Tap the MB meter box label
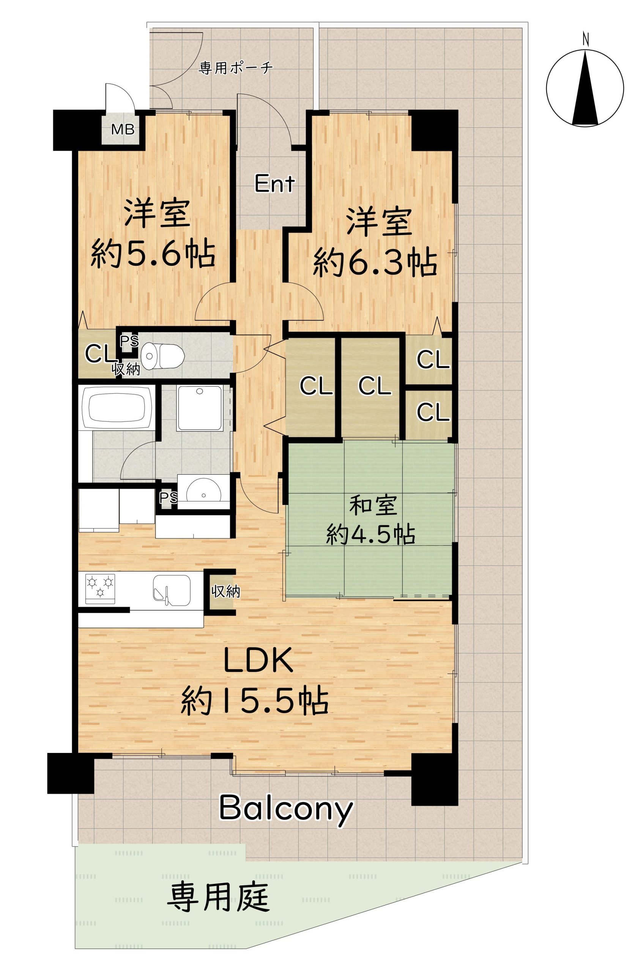tap(123, 129)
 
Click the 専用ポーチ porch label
tap(236, 67)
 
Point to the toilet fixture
tap(162, 355)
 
